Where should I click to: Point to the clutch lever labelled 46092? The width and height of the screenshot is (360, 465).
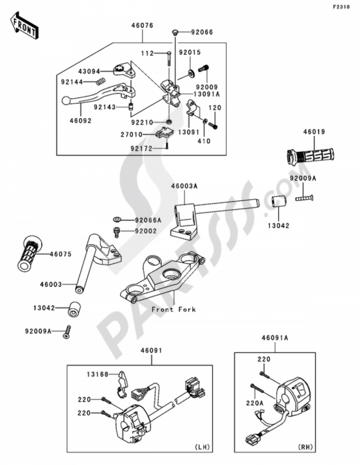click(97, 93)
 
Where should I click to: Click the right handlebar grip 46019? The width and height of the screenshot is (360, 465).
click(310, 156)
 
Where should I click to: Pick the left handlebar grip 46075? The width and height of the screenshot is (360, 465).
click(30, 254)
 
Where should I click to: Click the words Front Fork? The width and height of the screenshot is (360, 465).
click(173, 309)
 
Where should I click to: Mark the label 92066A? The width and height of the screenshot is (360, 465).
click(148, 220)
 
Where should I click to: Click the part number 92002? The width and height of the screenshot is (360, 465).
click(146, 231)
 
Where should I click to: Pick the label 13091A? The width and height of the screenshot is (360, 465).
click(207, 94)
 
